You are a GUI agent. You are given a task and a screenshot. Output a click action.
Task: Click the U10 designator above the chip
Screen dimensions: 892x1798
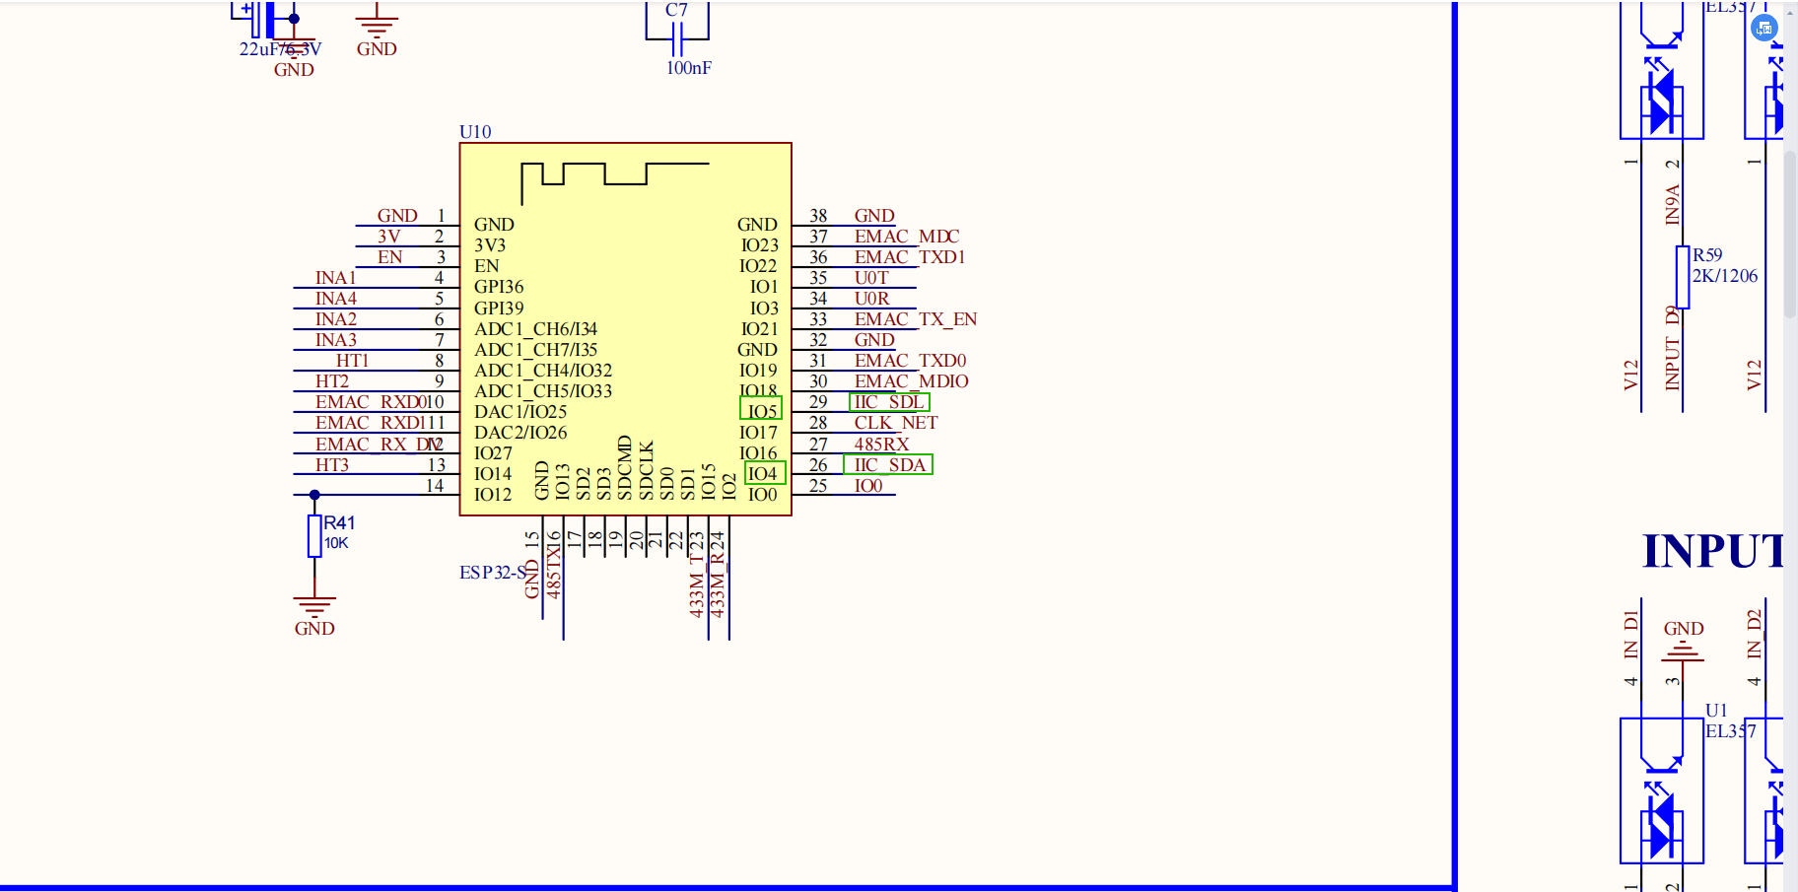(x=475, y=132)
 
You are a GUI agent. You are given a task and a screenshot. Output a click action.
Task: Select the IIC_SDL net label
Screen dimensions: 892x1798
(x=888, y=402)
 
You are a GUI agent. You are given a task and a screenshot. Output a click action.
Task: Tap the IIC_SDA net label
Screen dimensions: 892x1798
(x=889, y=465)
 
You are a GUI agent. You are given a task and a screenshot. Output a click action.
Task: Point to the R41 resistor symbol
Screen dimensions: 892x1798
(x=314, y=536)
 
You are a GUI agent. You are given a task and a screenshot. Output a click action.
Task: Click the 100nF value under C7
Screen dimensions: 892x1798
(x=688, y=68)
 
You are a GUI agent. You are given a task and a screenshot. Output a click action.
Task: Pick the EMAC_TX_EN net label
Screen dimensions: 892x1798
(x=915, y=319)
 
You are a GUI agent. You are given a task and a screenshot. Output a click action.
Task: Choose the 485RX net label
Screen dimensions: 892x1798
(x=881, y=445)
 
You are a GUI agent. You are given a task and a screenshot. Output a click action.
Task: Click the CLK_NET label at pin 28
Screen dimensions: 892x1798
(x=895, y=423)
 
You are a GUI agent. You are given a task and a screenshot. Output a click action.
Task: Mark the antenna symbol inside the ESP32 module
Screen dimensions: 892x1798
(x=614, y=175)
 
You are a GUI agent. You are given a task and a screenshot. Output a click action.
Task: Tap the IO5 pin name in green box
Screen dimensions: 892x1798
(x=762, y=411)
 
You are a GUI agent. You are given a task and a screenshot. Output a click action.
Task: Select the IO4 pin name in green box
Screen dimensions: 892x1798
(x=763, y=474)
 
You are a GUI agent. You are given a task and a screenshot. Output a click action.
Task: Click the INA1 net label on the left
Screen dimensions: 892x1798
(x=335, y=278)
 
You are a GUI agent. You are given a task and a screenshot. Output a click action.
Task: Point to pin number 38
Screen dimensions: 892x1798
(x=818, y=216)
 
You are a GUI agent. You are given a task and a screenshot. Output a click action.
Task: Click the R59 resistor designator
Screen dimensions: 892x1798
(x=1707, y=255)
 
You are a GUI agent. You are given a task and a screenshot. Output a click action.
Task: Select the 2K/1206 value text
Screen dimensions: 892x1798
(x=1725, y=276)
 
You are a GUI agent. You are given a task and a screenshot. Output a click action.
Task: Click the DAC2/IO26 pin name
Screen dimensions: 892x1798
(x=520, y=433)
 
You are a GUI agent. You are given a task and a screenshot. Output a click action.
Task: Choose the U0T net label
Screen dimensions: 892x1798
(x=871, y=278)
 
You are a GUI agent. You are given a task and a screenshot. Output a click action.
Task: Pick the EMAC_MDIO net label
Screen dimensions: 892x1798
(x=911, y=381)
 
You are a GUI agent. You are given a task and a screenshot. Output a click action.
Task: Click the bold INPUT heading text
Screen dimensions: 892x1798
(x=1713, y=551)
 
